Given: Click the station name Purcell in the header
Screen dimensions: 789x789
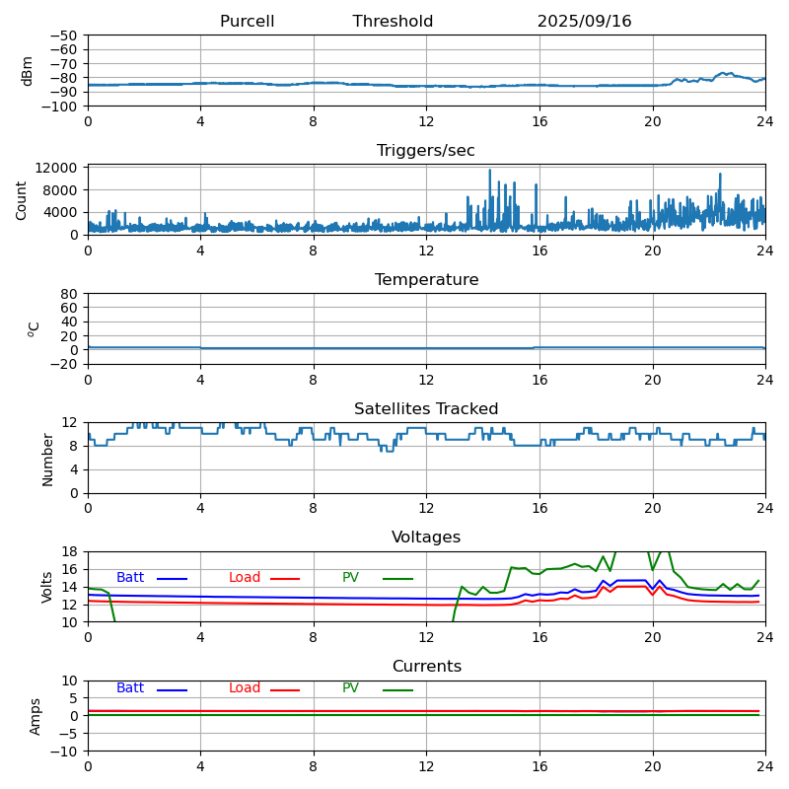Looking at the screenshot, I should click(247, 22).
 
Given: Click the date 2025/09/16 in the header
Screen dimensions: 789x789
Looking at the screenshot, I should click(584, 22).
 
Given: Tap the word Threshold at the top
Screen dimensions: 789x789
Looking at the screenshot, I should click(393, 22).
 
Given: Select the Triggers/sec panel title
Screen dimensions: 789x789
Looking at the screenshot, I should click(426, 151).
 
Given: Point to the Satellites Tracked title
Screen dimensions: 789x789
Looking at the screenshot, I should click(426, 409).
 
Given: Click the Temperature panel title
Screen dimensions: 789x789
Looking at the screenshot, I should click(426, 280).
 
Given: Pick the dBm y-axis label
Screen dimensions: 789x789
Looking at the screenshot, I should click(28, 71).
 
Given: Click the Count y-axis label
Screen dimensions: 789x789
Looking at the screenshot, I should click(23, 200).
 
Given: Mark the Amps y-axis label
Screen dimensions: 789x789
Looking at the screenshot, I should click(36, 716).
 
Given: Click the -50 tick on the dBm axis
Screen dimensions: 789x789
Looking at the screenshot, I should click(65, 36).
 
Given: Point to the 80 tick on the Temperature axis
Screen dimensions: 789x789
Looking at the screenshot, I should click(71, 294).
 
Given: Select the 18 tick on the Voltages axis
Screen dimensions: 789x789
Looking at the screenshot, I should click(71, 552).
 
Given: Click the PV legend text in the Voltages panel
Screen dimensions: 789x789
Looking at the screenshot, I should click(351, 578).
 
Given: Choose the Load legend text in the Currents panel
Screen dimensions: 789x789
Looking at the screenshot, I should click(245, 688).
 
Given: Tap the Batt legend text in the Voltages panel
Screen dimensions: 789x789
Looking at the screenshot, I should click(130, 578).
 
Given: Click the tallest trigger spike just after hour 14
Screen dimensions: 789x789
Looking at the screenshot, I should click(489, 171).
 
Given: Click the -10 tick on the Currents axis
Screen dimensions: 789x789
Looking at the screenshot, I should click(65, 752).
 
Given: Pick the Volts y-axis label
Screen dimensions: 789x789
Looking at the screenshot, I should click(47, 587).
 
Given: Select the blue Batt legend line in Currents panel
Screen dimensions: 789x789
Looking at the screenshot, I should click(172, 689).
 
